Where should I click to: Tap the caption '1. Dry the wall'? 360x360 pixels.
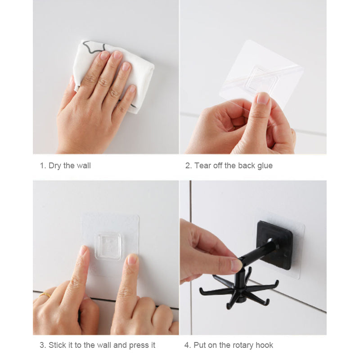click(65, 166)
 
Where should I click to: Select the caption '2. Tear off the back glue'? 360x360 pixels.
click(229, 166)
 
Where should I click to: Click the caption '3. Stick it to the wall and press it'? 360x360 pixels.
click(97, 345)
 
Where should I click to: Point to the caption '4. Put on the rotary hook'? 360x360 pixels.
click(229, 345)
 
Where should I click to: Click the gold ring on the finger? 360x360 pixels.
click(45, 295)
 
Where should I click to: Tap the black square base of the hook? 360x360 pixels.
click(276, 243)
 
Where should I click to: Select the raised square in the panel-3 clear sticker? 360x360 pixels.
click(108, 246)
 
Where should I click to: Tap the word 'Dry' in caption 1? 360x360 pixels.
click(55, 166)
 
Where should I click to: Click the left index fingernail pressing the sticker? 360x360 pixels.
click(83, 251)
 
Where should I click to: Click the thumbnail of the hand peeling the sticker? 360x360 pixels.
click(262, 98)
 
